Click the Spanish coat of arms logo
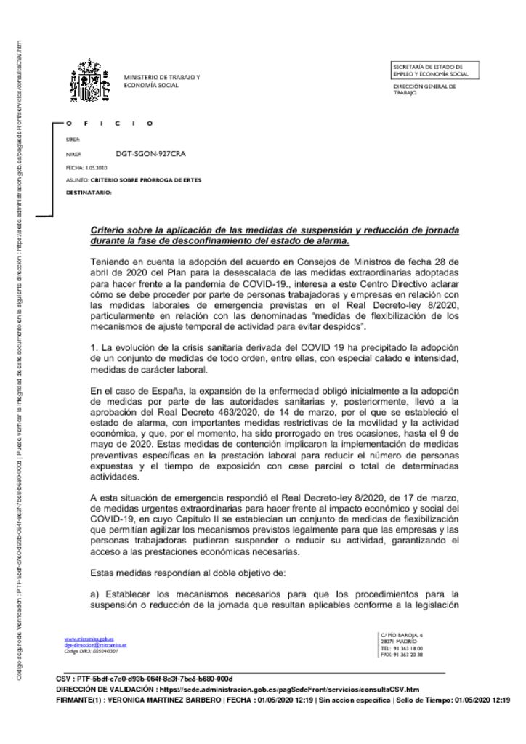pyautogui.click(x=89, y=81)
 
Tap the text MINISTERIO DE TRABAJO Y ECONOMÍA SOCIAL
pyautogui.click(x=161, y=81)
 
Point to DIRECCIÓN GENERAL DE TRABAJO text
pyautogui.click(x=424, y=89)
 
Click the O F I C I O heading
pyautogui.click(x=109, y=123)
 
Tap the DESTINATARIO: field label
pyautogui.click(x=89, y=193)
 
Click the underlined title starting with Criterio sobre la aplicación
pyautogui.click(x=275, y=235)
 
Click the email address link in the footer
pyautogui.click(x=95, y=645)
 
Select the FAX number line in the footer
pyautogui.click(x=402, y=655)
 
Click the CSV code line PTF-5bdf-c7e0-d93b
pyautogui.click(x=144, y=679)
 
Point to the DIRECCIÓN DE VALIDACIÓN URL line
pyautogui.click(x=237, y=689)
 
